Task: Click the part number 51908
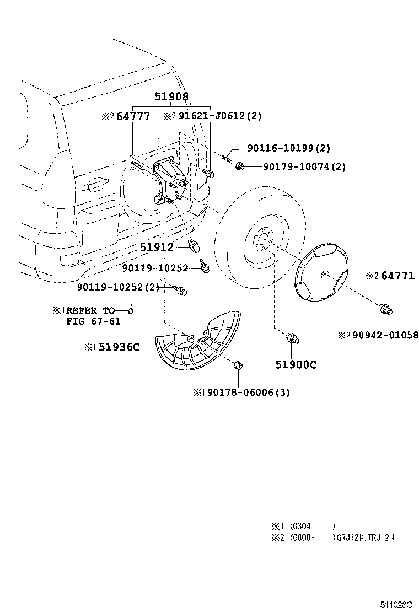(171, 96)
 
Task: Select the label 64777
(133, 116)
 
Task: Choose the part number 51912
(156, 248)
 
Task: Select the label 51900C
(296, 364)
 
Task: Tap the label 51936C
(119, 347)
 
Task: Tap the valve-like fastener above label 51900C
(293, 337)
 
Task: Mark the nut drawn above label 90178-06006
(238, 364)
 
